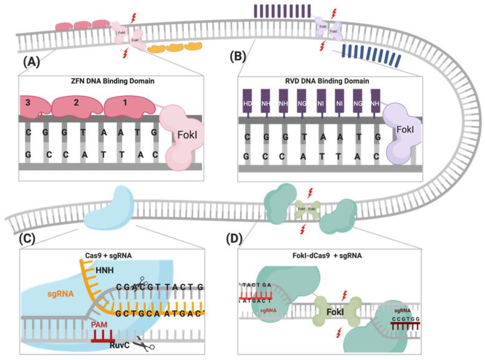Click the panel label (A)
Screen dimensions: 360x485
[33, 62]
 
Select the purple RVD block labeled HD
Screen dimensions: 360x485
[247, 102]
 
